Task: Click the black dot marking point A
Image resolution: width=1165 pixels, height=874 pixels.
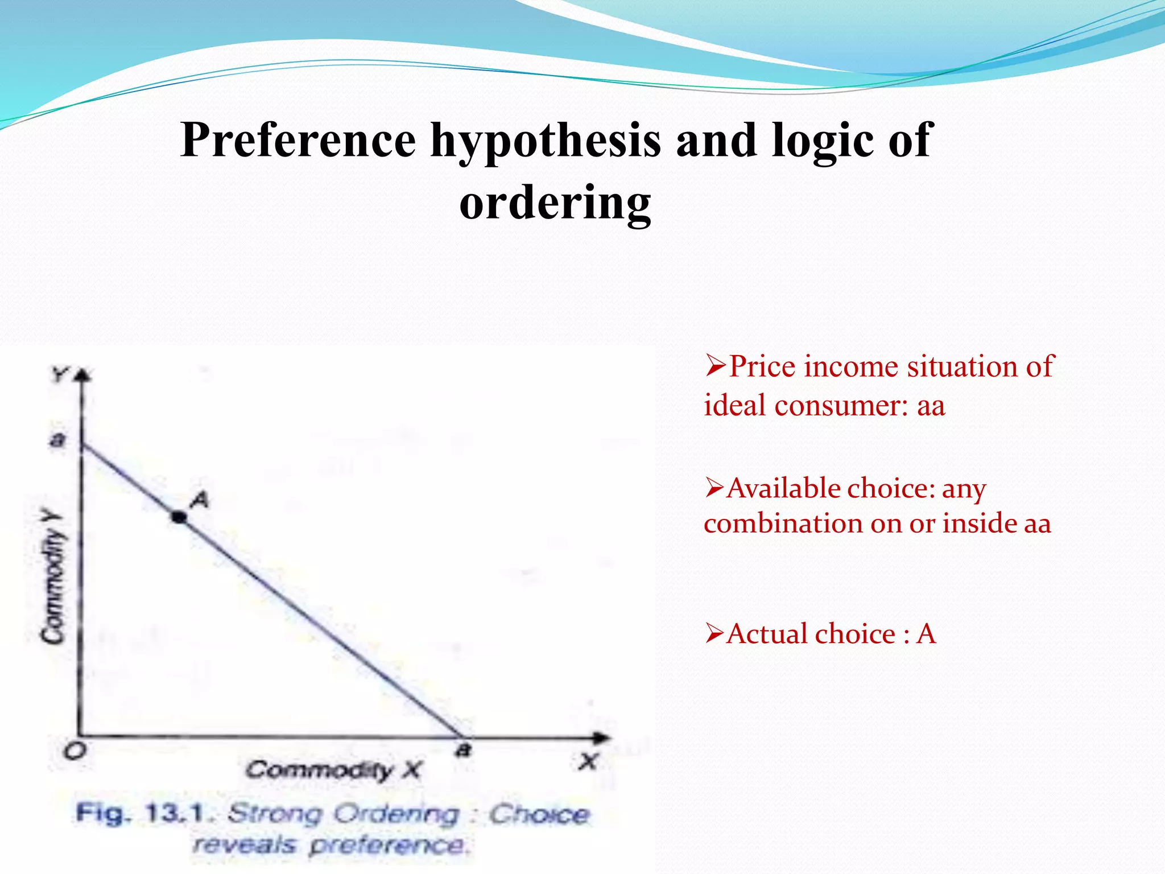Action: point(179,517)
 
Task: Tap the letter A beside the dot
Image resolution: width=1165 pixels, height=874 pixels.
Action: point(200,500)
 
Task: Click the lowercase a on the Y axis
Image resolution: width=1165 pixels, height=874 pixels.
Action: point(57,440)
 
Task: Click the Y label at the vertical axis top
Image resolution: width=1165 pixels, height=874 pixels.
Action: point(59,375)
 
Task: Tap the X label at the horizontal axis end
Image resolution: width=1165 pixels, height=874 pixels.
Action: point(588,761)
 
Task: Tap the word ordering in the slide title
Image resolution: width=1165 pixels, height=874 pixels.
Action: point(555,203)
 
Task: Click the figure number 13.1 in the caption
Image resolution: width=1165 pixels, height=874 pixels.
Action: point(174,813)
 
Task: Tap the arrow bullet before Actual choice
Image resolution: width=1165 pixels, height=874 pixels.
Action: point(715,633)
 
